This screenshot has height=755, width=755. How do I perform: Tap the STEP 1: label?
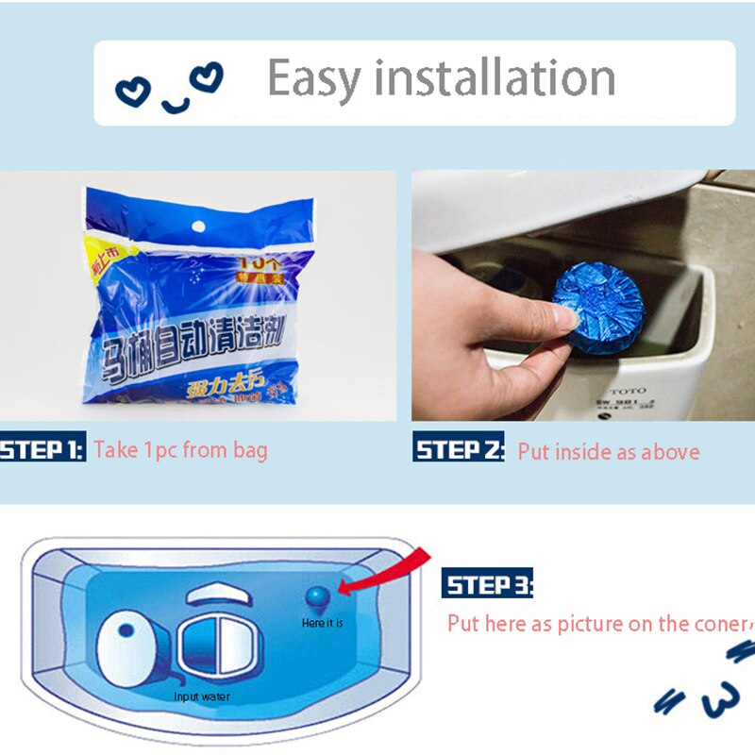(x=42, y=448)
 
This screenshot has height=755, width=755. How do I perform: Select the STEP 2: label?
(x=459, y=449)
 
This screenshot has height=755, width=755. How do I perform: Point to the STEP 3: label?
(x=487, y=585)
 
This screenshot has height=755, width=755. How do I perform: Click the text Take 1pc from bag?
(x=180, y=449)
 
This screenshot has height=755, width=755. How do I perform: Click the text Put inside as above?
(x=609, y=451)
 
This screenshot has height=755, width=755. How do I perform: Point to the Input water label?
(x=201, y=697)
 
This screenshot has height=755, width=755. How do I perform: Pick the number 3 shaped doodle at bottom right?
(x=719, y=699)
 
